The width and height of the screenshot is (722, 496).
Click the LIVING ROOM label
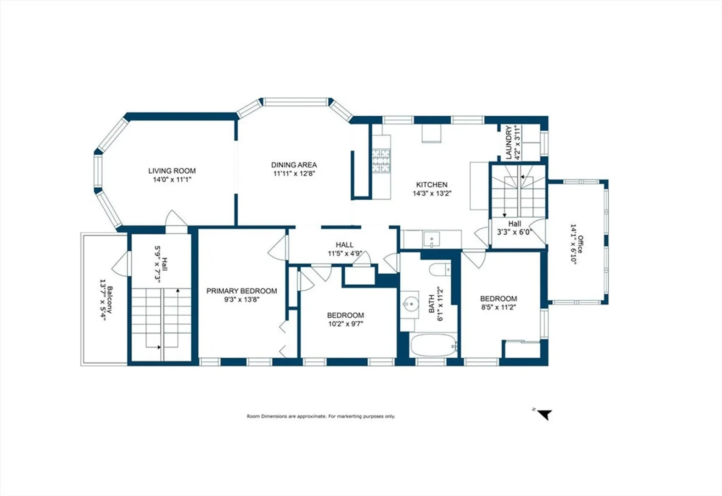172,170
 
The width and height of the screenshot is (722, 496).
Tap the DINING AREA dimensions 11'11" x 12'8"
294,174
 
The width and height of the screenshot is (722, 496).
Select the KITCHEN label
431,185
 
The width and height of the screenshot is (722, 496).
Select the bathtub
434,345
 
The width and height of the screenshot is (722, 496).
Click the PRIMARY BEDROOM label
242,291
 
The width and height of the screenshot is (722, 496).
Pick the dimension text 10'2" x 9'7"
346,324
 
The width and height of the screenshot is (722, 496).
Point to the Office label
580,244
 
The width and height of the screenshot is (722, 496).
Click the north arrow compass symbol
545,414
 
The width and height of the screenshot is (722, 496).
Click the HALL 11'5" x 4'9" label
345,249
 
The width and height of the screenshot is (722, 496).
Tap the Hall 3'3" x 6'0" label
515,228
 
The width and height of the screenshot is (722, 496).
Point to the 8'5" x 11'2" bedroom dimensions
498,307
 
